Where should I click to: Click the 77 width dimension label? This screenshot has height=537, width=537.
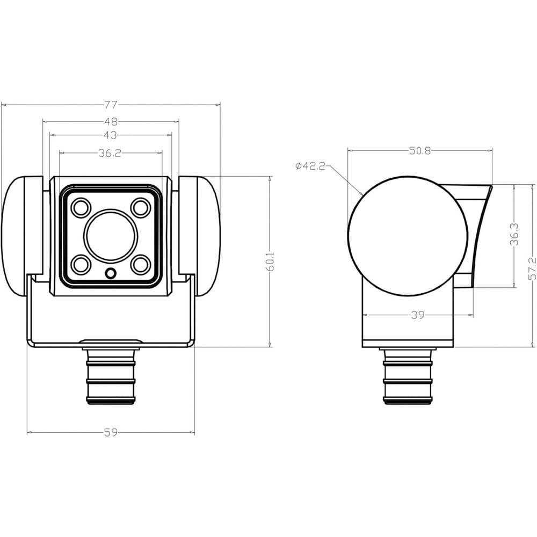click(111, 105)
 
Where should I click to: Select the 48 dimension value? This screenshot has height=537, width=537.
click(111, 121)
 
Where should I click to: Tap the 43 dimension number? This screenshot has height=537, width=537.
click(110, 135)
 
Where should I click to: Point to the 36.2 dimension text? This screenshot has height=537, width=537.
click(110, 153)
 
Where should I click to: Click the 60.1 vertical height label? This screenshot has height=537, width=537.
click(270, 262)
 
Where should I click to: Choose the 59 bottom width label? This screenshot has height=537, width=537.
click(111, 432)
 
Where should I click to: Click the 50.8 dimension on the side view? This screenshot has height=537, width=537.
click(420, 151)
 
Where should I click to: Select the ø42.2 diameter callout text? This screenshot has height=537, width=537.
click(310, 166)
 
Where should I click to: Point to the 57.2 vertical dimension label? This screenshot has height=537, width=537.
click(532, 269)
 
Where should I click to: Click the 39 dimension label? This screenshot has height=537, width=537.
click(418, 315)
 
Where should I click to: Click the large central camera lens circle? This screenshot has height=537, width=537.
click(111, 236)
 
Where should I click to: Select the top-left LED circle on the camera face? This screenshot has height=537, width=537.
click(81, 207)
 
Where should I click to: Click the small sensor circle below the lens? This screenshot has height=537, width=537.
click(111, 273)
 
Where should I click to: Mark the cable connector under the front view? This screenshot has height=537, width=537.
click(111, 372)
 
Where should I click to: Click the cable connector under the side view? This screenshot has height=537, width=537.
click(408, 376)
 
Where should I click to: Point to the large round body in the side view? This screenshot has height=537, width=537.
click(408, 236)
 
